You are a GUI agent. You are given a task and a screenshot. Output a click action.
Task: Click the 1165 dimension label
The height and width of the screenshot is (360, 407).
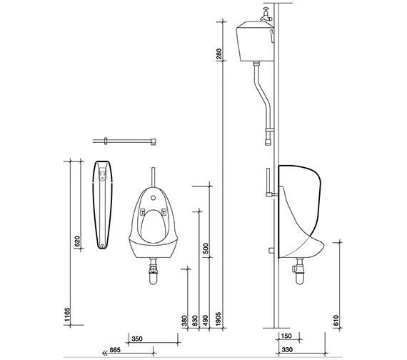pos(67,315)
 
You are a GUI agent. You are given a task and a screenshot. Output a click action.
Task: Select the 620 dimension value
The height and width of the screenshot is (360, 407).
pos(77,241)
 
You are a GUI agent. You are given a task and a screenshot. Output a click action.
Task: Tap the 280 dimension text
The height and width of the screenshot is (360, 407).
pos(219,54)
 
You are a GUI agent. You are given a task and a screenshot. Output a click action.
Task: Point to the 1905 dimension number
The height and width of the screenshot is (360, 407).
pos(218,319)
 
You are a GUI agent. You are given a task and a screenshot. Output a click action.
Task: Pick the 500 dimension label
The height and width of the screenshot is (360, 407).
pos(206,249)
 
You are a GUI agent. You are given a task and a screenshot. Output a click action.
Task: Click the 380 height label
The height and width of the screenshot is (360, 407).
pos(184,321)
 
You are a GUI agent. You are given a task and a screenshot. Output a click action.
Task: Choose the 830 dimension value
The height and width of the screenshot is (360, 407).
pos(195,321)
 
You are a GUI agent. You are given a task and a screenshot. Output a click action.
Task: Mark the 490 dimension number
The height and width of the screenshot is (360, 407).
pos(206,321)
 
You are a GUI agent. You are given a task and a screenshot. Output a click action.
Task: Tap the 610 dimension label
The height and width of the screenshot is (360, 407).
pos(336,321)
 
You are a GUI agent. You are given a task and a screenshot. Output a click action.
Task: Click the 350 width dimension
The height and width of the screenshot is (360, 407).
pos(137,339)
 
